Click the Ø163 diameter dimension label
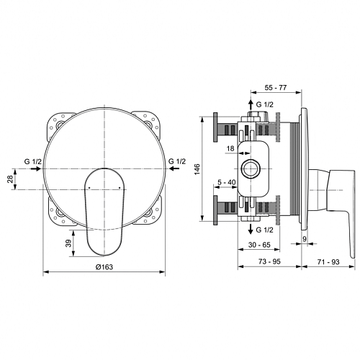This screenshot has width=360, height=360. click(x=104, y=267)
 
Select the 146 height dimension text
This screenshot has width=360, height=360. click(x=197, y=169)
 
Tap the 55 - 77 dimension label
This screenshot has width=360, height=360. click(x=276, y=88)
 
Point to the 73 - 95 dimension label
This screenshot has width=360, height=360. click(x=269, y=261)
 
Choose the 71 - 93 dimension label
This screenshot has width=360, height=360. click(x=328, y=262)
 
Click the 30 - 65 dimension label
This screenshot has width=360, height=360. click(x=259, y=245)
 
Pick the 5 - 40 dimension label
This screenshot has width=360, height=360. click(x=227, y=182)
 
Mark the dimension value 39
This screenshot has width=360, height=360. click(x=69, y=243)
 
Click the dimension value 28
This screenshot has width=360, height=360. click(x=10, y=179)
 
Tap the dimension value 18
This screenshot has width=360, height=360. click(x=230, y=148)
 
